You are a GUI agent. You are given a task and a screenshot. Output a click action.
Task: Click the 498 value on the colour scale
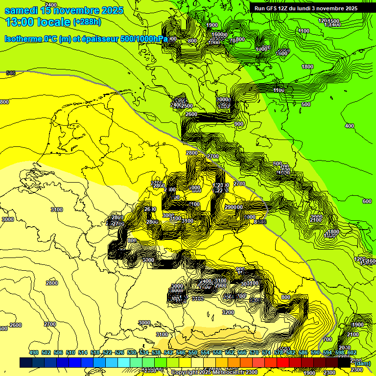(34, 353)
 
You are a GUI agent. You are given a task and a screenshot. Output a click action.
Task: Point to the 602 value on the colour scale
(352, 353)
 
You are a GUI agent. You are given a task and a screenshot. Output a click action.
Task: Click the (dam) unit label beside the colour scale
(363, 363)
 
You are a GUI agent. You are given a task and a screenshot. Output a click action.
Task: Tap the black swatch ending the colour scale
(344, 363)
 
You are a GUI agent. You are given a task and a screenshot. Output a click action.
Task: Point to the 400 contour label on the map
(349, 126)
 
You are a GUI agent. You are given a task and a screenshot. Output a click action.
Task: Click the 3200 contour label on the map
(228, 312)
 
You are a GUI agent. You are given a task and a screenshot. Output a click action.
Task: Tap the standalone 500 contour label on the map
(306, 104)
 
